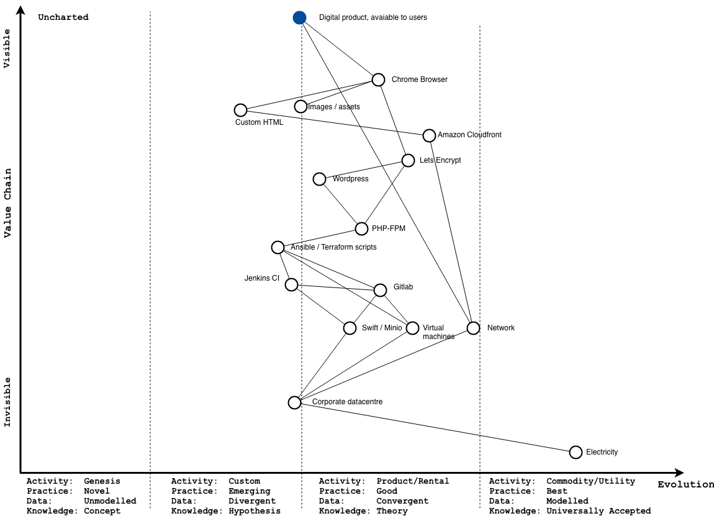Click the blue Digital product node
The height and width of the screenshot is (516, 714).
click(x=300, y=17)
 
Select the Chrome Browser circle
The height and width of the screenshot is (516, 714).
click(x=379, y=79)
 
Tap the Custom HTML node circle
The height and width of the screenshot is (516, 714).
click(x=241, y=110)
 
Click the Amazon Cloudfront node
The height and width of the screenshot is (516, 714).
click(x=429, y=135)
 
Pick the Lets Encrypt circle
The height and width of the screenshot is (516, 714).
click(x=408, y=160)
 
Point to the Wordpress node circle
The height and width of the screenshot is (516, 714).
click(x=319, y=179)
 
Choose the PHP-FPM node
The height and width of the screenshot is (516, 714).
click(x=361, y=229)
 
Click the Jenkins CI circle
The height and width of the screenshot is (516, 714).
click(x=291, y=284)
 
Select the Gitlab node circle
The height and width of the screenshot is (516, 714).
click(x=380, y=290)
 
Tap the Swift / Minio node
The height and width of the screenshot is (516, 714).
click(x=350, y=328)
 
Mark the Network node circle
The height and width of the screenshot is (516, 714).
click(x=473, y=328)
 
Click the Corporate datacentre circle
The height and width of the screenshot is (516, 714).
click(x=295, y=402)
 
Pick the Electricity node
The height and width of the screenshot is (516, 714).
click(x=576, y=452)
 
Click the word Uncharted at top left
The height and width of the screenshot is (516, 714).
click(x=63, y=17)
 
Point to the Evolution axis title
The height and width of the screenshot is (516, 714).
click(x=685, y=484)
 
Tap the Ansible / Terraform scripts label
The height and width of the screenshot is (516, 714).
click(x=333, y=247)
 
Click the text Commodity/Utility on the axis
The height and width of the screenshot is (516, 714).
click(x=590, y=481)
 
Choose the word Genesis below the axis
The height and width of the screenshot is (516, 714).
click(x=102, y=481)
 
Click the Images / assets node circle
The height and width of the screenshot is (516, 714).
click(x=301, y=107)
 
